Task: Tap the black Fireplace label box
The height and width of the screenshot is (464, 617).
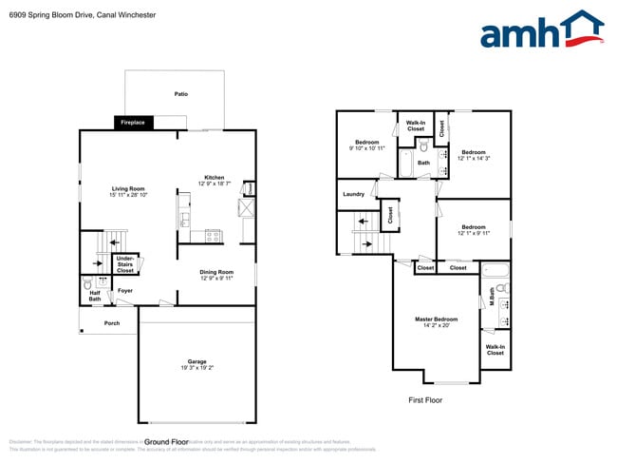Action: point(132,123)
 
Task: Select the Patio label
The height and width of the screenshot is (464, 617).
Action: point(180,94)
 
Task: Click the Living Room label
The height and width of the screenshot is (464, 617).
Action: point(126,189)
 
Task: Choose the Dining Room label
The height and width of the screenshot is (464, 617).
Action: point(215,273)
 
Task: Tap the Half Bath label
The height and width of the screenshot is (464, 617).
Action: point(95,297)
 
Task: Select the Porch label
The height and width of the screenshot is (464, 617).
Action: point(112,323)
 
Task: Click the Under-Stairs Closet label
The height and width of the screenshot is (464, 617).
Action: point(125,264)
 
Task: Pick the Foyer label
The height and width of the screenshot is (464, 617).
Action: point(125,290)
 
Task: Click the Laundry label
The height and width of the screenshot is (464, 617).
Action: point(353,195)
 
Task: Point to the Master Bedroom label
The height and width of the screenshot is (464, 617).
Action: point(437,319)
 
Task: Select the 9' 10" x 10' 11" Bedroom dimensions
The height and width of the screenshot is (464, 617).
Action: point(366,148)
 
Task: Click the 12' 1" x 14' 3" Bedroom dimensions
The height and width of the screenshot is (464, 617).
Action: point(474,158)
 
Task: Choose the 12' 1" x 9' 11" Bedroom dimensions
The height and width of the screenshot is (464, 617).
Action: point(474,233)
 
